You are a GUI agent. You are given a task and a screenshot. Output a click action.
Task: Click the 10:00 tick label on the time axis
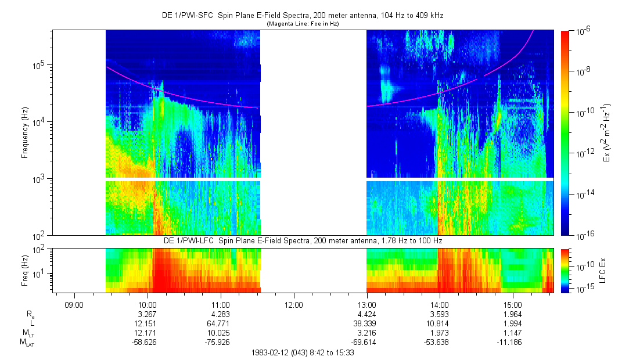(x=148, y=304)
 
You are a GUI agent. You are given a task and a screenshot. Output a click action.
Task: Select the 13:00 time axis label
(x=367, y=304)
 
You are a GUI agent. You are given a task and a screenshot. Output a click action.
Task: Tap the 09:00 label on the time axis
(x=74, y=304)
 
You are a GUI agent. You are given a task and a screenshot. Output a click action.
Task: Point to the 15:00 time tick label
(x=513, y=304)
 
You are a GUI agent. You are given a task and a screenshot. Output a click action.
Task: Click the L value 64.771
(x=221, y=323)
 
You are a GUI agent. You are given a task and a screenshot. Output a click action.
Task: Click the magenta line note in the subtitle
(x=302, y=24)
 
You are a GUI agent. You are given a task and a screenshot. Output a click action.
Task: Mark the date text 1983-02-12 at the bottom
(x=273, y=352)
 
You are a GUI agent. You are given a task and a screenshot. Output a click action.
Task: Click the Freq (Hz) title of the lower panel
(x=25, y=269)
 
